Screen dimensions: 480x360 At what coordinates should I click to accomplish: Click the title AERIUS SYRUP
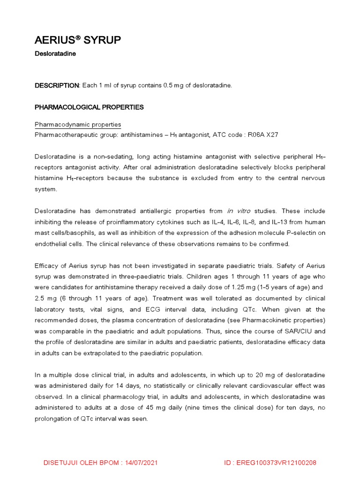click(x=78, y=41)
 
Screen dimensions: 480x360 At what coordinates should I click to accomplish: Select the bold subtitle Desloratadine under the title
click(x=55, y=54)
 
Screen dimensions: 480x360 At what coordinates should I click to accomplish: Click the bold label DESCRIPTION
click(x=57, y=85)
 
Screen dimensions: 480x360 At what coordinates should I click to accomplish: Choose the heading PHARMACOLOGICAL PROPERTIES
click(x=89, y=107)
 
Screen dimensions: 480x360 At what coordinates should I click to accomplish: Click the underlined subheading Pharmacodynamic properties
click(x=78, y=125)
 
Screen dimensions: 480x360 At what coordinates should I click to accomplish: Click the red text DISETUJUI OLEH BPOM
click(x=79, y=463)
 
